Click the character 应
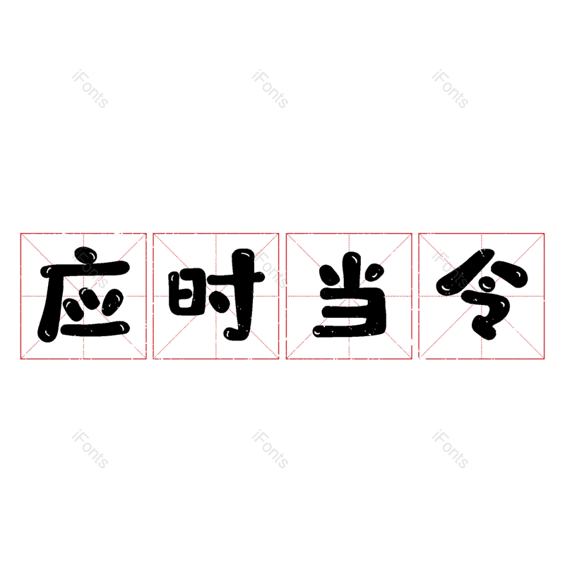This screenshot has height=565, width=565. [83, 297]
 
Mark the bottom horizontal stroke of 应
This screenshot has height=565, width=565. [95, 329]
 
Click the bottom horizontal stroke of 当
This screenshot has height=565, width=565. [349, 331]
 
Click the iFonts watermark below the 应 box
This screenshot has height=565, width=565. [90, 450]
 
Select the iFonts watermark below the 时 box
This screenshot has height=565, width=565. [270, 450]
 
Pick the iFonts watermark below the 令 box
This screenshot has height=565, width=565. [450, 450]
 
